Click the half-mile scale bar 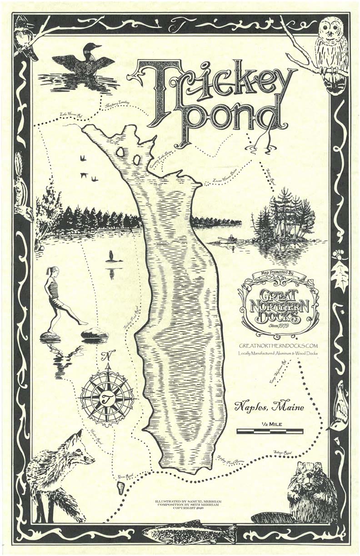[270, 431]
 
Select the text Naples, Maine [269, 407]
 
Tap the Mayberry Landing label [116, 105]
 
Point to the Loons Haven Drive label [225, 180]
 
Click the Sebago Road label [281, 453]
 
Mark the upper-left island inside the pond [120, 152]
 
